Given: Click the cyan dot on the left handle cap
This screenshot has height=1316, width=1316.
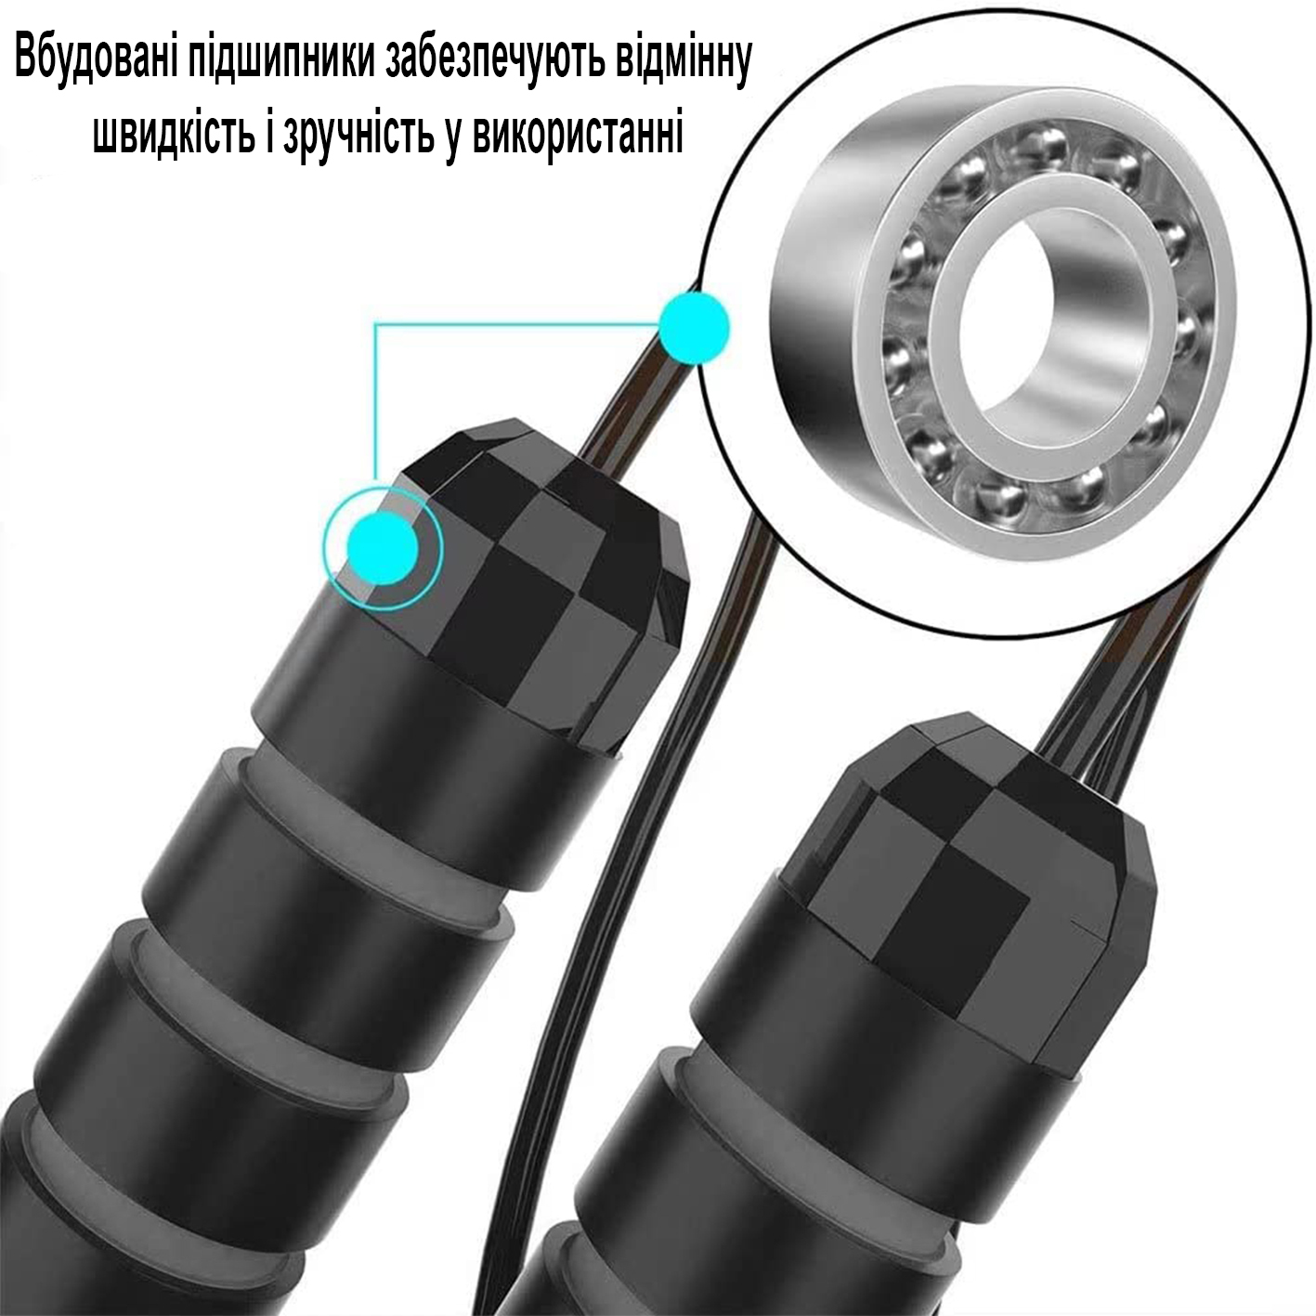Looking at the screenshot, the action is coord(382,548).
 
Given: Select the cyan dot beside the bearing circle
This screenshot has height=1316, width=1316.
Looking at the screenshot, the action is coord(694,328).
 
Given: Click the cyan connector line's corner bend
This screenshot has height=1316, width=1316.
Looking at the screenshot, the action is coord(375,325).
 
